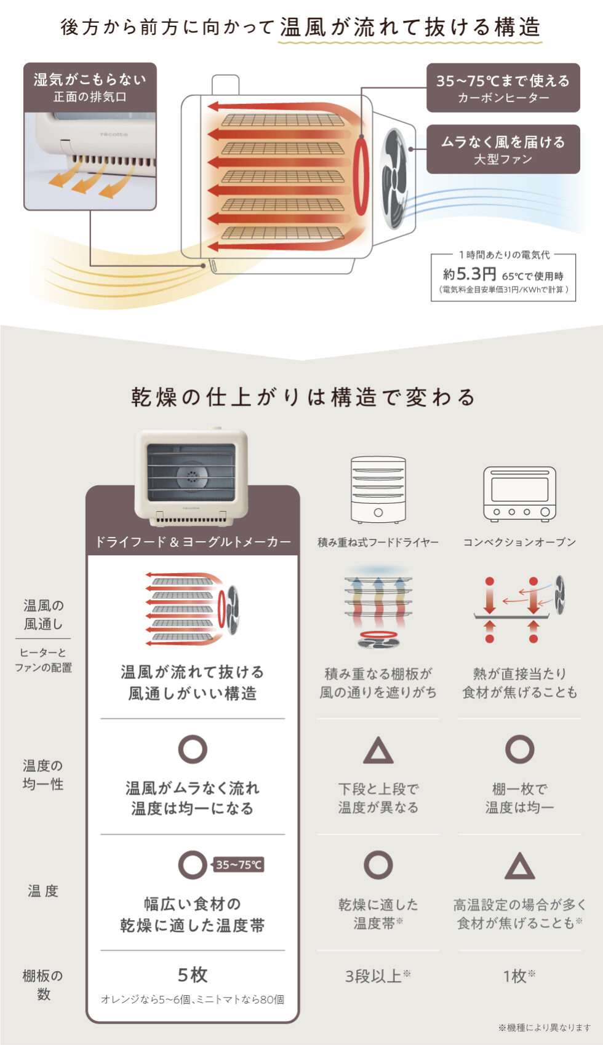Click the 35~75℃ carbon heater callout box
[503, 87]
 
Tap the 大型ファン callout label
[503, 149]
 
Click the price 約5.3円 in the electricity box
[469, 274]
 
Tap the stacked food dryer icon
[378, 489]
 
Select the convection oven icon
[519, 493]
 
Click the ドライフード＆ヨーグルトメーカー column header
[193, 542]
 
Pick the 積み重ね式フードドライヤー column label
[378, 542]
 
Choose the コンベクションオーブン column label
[519, 542]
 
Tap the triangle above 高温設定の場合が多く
[519, 867]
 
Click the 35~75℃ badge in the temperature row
[239, 865]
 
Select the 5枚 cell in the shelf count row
[193, 975]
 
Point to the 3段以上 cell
[377, 976]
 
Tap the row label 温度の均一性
[43, 774]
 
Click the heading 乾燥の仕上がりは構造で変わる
[302, 397]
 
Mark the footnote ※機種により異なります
[544, 1027]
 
